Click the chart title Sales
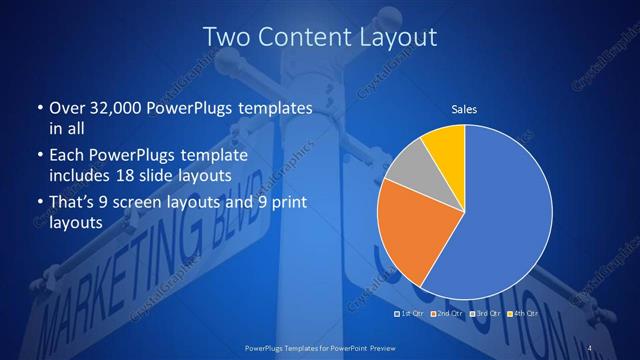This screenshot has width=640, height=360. pos(464,107)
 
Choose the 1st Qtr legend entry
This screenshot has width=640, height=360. pos(409,314)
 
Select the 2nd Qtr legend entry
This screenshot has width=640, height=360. pos(446,314)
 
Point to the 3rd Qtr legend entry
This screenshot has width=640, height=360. pos(483,314)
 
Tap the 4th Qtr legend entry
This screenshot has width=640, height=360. pos(520,314)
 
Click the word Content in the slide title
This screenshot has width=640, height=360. pos(320,38)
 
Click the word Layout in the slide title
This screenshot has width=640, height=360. pos(401,38)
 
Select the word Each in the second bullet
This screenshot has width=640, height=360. pos(66,157)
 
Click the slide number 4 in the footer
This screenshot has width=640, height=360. pos(590,347)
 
